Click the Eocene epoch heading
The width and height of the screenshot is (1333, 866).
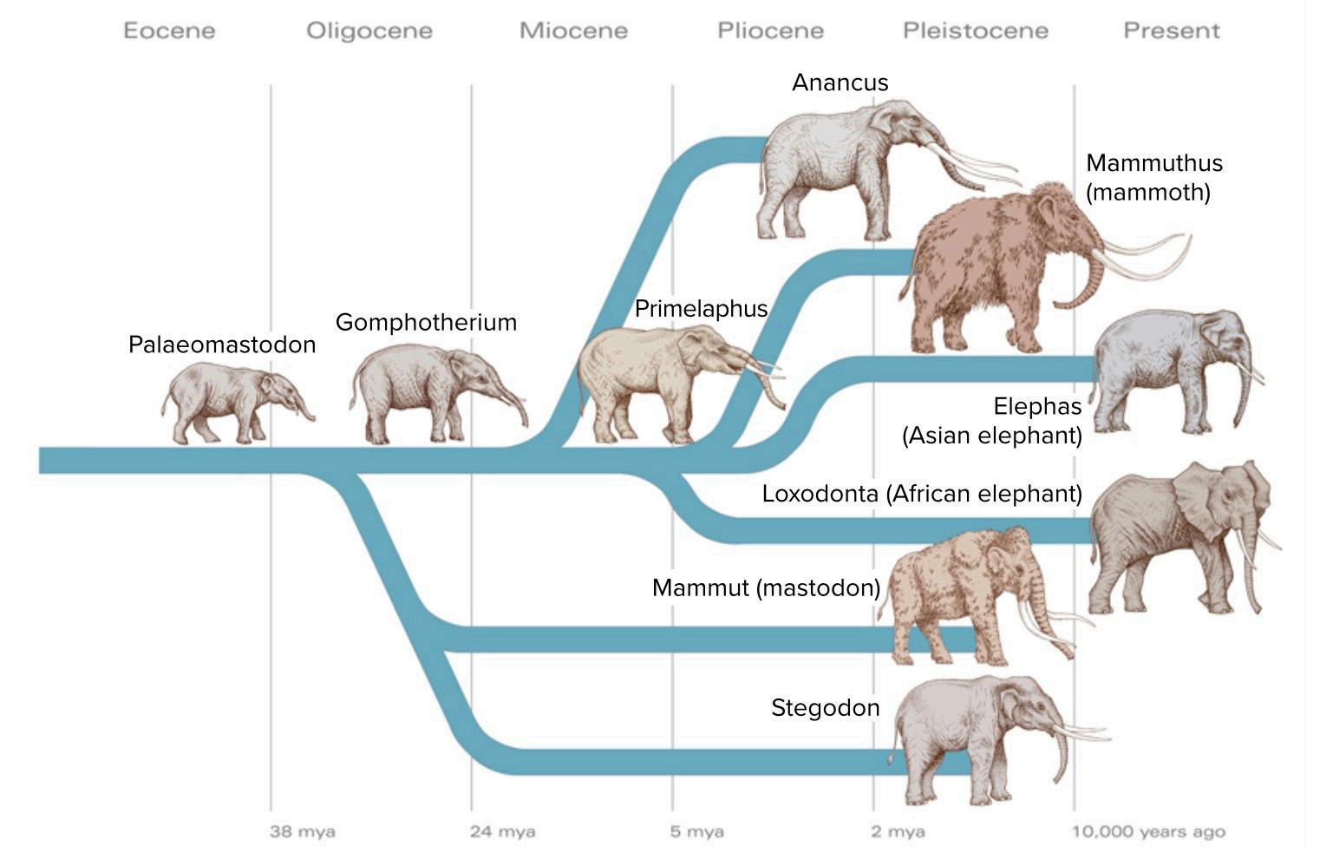(x=169, y=31)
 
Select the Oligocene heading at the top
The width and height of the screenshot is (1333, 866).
(x=369, y=31)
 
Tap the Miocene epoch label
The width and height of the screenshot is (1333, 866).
(x=573, y=31)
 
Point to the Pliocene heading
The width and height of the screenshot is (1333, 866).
(x=770, y=31)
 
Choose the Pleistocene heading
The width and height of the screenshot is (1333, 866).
(x=976, y=31)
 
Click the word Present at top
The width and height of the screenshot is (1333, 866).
(x=1171, y=31)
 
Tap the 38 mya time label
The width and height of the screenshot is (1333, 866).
(x=302, y=832)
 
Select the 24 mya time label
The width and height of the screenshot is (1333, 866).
(x=503, y=832)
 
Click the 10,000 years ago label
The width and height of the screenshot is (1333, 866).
(x=1149, y=832)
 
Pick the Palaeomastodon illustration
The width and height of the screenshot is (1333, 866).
(x=230, y=401)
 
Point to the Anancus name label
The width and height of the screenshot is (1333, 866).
(x=840, y=82)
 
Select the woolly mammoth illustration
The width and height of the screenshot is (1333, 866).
(x=997, y=269)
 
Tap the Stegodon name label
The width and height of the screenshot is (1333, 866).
(x=825, y=708)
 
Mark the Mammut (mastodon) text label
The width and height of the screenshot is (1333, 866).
(x=766, y=588)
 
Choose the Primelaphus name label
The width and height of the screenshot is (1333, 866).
(x=701, y=309)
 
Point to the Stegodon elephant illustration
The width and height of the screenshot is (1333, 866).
(x=980, y=738)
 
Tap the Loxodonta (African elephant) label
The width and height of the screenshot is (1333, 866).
(x=922, y=494)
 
